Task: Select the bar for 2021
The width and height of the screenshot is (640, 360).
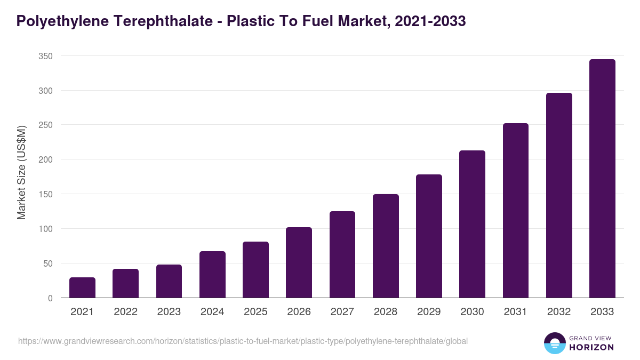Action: (x=82, y=287)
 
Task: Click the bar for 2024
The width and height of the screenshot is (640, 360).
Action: (x=212, y=274)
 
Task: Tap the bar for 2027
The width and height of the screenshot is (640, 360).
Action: (x=342, y=254)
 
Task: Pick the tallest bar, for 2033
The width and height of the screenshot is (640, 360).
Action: (x=602, y=179)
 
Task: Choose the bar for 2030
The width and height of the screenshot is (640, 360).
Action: (x=472, y=224)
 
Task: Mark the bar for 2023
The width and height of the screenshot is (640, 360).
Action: (x=169, y=281)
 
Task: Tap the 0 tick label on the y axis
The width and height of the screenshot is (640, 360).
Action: (x=50, y=298)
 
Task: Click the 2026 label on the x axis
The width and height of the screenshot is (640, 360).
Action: (x=299, y=312)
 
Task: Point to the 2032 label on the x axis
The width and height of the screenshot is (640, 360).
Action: (x=559, y=312)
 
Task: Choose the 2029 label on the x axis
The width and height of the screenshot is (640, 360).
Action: (x=429, y=312)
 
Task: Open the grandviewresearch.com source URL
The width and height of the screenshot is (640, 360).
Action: (x=243, y=341)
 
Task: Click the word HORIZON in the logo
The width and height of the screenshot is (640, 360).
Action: (x=591, y=347)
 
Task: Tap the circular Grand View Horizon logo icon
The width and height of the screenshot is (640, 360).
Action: (x=555, y=343)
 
